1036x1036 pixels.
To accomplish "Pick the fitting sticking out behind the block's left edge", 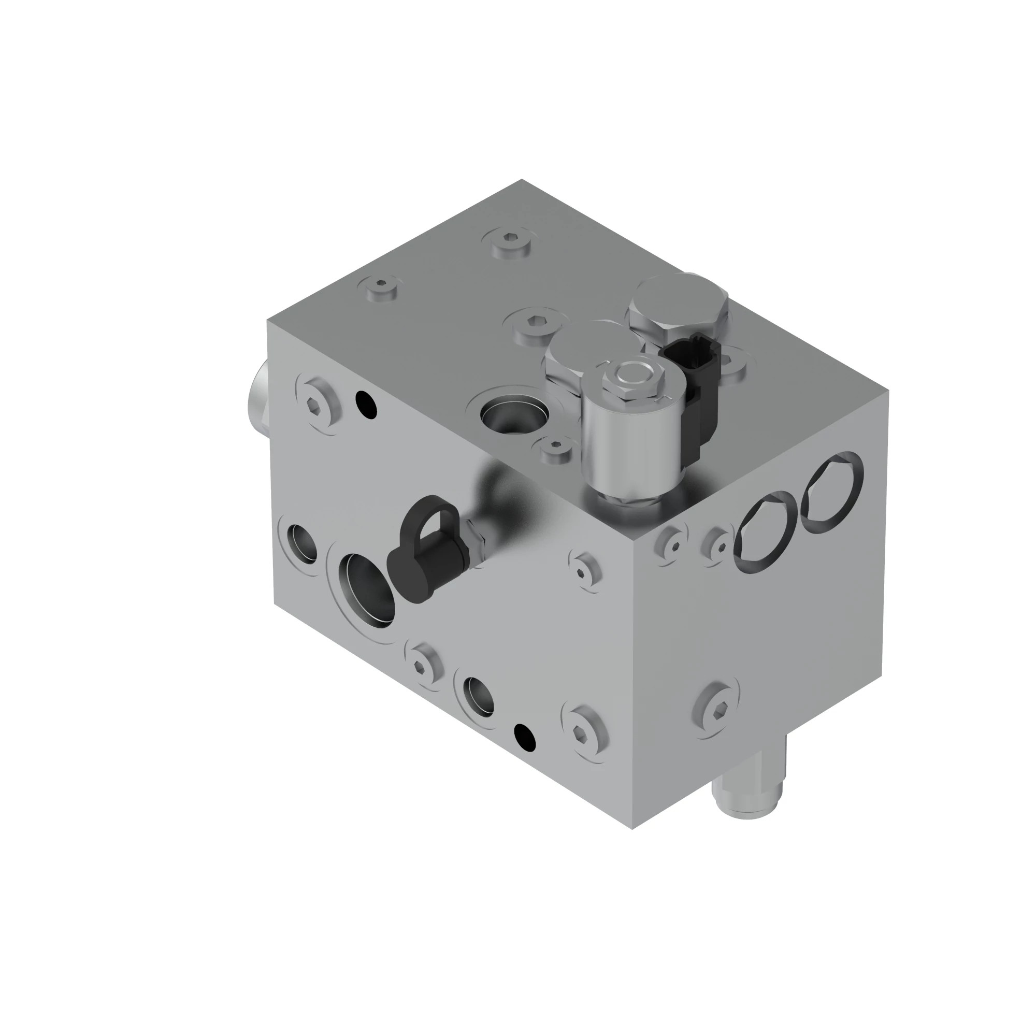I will point(258,396).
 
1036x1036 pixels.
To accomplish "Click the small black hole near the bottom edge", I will point(524,737).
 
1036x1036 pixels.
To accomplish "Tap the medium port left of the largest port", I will point(301,544).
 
